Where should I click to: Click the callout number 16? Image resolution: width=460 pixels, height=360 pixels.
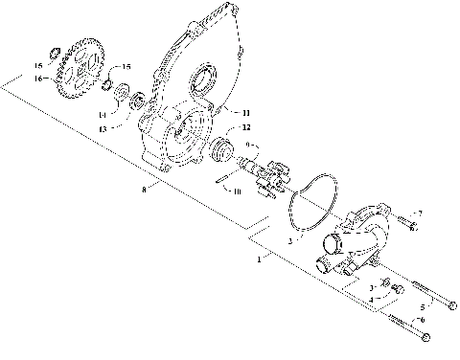point(38,79)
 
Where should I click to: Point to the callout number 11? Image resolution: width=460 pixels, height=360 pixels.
point(245,113)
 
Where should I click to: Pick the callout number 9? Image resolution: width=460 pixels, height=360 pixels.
point(251,146)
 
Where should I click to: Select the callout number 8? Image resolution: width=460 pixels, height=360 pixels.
point(144,190)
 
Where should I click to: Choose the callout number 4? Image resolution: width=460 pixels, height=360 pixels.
point(372,300)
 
